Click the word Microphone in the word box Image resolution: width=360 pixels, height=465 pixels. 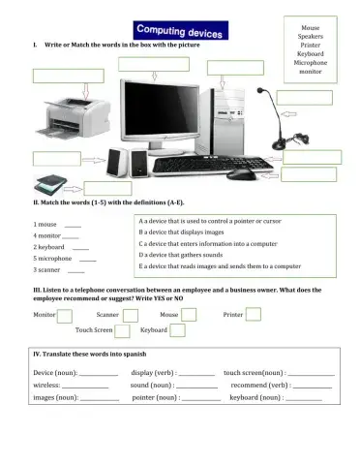click(x=311, y=62)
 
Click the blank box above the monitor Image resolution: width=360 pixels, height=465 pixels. click(x=155, y=64)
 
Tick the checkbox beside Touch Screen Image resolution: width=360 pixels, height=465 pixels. click(x=123, y=330)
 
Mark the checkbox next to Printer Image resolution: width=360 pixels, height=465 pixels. click(x=254, y=314)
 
